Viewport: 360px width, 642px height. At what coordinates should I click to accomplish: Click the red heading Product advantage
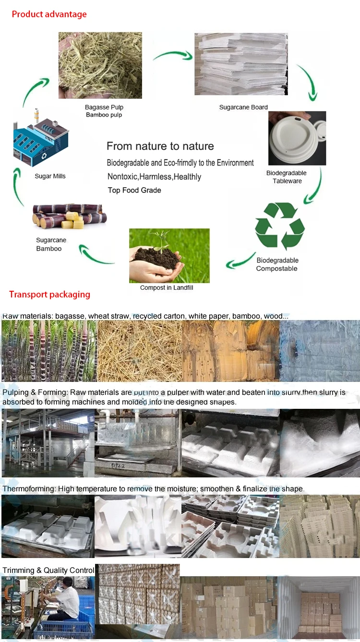49,14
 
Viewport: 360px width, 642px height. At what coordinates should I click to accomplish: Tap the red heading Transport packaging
49,294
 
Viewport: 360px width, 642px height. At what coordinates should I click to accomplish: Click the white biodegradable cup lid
297,138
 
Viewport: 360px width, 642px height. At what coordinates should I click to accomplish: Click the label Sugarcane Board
243,107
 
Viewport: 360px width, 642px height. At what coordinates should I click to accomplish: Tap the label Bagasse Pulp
104,107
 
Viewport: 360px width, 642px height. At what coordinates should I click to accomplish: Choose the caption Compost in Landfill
167,287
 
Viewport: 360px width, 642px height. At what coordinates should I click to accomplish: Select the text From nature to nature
160,146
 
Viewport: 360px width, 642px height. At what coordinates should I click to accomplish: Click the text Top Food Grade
134,190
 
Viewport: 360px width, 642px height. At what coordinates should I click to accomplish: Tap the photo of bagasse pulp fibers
100,65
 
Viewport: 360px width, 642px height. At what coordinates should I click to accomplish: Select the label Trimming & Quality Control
48,570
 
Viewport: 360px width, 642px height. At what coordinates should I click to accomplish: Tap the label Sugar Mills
50,176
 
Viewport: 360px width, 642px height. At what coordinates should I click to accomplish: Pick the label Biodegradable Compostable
277,264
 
